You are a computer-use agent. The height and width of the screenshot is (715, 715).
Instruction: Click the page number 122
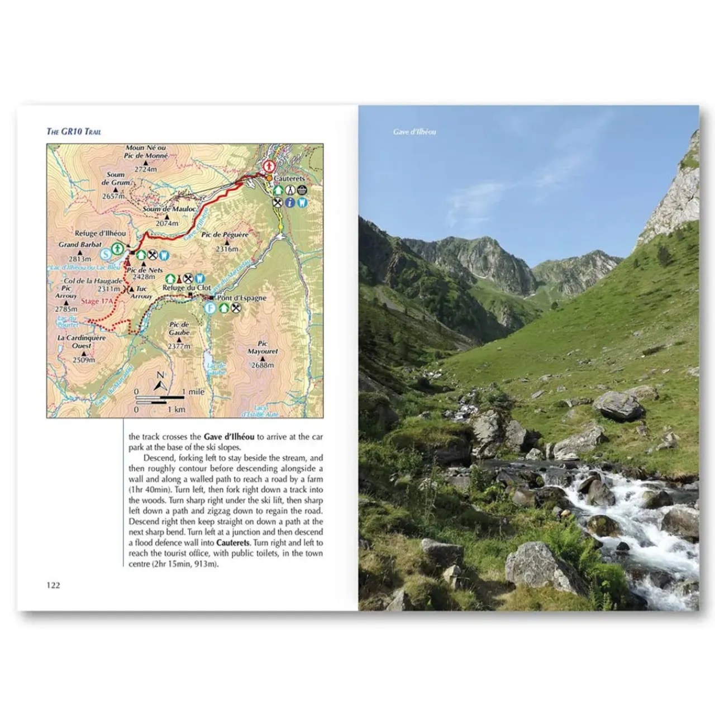point(53,585)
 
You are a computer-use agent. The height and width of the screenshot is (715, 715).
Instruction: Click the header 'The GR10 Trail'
point(74,132)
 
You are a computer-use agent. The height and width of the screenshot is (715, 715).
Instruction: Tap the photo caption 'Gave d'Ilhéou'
point(414,132)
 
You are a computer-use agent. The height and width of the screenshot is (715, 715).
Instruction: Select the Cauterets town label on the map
point(289,178)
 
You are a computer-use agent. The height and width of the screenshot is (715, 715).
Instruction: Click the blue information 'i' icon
point(289,202)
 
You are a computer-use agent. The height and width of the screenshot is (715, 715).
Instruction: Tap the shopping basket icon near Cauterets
point(302,190)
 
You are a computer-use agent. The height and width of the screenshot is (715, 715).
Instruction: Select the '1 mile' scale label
point(193,392)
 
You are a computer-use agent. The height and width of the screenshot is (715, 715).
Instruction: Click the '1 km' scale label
point(177,409)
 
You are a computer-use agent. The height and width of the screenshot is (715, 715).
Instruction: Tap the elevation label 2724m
point(145,169)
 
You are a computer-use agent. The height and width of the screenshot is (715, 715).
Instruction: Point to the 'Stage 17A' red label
point(97,301)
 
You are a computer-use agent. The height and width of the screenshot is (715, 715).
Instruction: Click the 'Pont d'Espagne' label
point(242,298)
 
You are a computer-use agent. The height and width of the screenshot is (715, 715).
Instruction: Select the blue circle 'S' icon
point(106,255)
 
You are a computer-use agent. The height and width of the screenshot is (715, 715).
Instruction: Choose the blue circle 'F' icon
point(210,308)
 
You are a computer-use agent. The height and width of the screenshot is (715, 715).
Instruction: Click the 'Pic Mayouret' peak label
point(263,347)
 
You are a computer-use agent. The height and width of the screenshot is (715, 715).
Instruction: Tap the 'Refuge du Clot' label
point(187,288)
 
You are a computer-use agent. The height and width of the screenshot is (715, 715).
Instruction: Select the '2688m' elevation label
point(263,365)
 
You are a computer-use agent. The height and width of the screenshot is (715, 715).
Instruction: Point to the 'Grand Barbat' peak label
point(80,245)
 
